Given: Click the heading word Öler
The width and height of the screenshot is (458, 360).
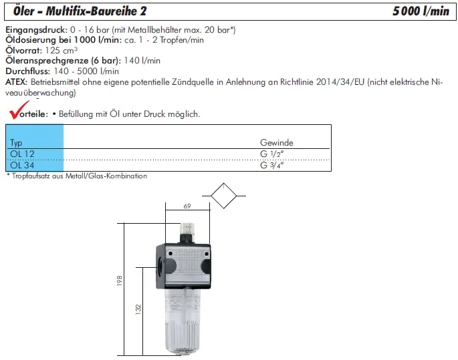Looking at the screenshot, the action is tap(24, 11).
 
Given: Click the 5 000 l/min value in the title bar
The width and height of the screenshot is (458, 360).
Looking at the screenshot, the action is tap(421, 11).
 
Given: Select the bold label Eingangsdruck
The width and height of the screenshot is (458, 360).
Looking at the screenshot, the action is tap(37, 30).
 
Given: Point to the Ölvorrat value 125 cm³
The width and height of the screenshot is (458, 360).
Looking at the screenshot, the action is tap(62, 50).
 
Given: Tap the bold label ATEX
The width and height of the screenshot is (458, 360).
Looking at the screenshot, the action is tap(16, 82).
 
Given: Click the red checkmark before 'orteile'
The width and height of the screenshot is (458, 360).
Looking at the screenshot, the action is tap(18, 110).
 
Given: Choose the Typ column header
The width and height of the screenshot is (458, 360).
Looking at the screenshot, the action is tap(16, 143).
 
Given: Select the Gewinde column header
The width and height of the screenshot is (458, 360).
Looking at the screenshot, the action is tap(277, 143).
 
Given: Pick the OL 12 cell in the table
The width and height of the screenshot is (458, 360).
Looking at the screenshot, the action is tap(22, 154).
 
